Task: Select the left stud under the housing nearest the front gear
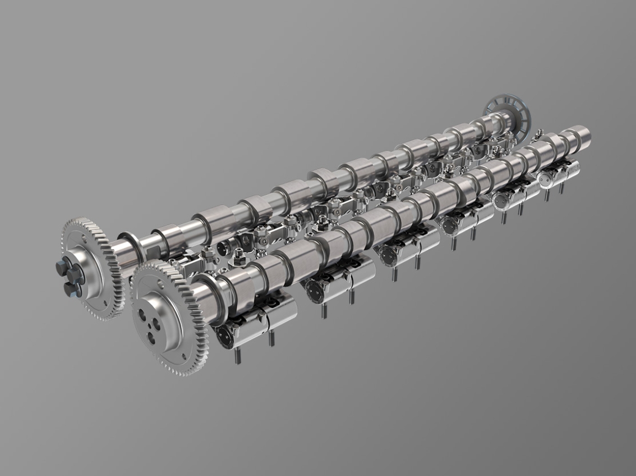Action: coord(235,356)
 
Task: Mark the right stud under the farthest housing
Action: coord(561,189)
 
